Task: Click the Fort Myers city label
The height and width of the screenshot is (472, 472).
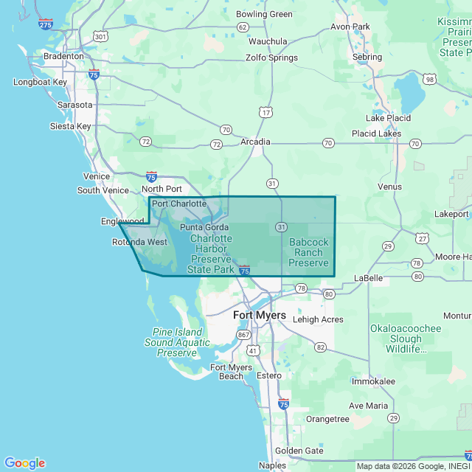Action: pyautogui.click(x=260, y=315)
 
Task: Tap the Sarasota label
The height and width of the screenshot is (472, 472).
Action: pyautogui.click(x=75, y=105)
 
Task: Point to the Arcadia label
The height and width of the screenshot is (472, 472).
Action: pyautogui.click(x=255, y=142)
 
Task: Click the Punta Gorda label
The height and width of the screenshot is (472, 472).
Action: pyautogui.click(x=204, y=227)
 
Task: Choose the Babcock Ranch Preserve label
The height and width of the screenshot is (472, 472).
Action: pyautogui.click(x=308, y=252)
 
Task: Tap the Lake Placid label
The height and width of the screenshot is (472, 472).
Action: pyautogui.click(x=388, y=118)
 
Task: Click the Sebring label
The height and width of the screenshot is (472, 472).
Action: pyautogui.click(x=367, y=57)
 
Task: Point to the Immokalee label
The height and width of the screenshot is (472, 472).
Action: pyautogui.click(x=373, y=381)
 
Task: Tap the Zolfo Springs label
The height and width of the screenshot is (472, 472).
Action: pyautogui.click(x=271, y=58)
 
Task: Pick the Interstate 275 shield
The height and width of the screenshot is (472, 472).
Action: pyautogui.click(x=46, y=24)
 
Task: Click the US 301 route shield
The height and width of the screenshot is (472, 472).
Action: pyautogui.click(x=100, y=35)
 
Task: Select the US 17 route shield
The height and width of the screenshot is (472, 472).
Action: pyautogui.click(x=265, y=111)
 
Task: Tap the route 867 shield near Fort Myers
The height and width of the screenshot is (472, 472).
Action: pyautogui.click(x=244, y=336)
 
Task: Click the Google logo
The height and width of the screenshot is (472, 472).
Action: pyautogui.click(x=24, y=463)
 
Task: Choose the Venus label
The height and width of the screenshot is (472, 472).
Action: pyautogui.click(x=389, y=187)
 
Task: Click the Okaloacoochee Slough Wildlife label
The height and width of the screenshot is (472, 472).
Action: pyautogui.click(x=406, y=339)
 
